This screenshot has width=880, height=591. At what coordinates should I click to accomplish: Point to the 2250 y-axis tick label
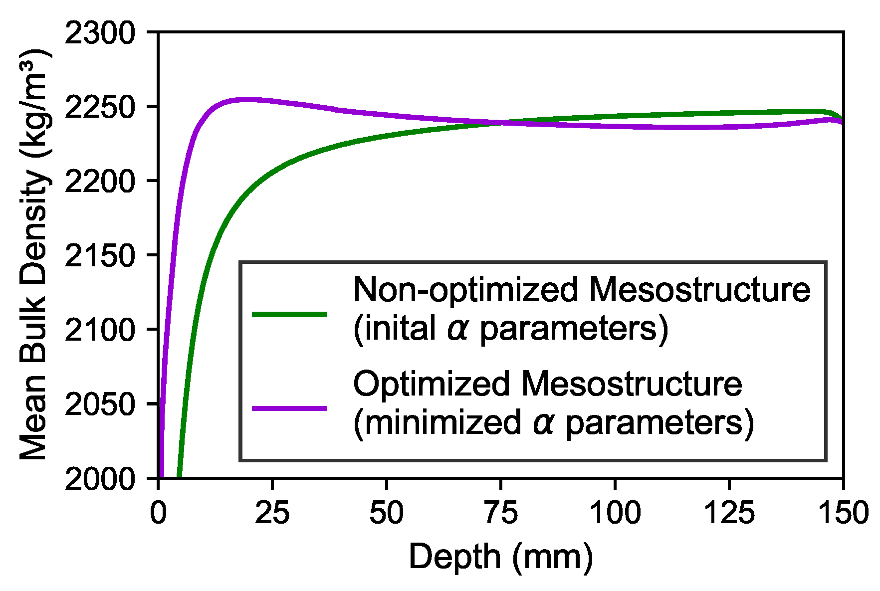click(x=100, y=108)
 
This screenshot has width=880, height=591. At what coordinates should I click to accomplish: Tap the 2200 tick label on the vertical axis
click(x=100, y=182)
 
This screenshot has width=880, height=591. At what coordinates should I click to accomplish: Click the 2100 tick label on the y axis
click(x=100, y=330)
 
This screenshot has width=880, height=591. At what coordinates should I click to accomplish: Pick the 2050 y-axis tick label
click(x=100, y=404)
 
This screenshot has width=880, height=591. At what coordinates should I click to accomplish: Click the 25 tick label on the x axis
click(x=272, y=513)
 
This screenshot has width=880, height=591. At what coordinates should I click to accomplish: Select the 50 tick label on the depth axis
click(x=387, y=513)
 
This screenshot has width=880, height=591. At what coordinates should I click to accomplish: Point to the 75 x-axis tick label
click(x=501, y=513)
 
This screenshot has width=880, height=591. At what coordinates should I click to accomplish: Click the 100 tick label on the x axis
click(x=615, y=513)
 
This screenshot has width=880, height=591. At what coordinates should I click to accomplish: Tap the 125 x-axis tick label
click(x=729, y=513)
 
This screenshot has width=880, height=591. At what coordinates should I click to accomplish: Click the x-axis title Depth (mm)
click(x=501, y=557)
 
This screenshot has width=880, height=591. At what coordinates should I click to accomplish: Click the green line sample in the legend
click(x=290, y=314)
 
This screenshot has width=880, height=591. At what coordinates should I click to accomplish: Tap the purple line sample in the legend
click(x=290, y=408)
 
